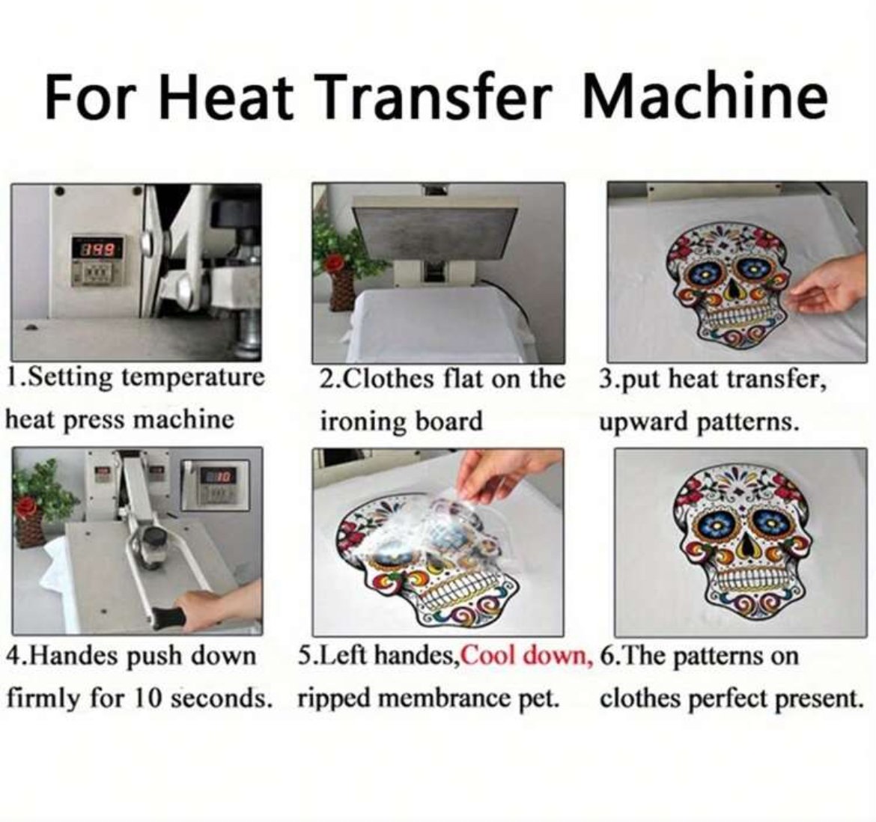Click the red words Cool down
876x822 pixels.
tap(528, 655)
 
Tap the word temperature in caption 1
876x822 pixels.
tap(193, 379)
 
